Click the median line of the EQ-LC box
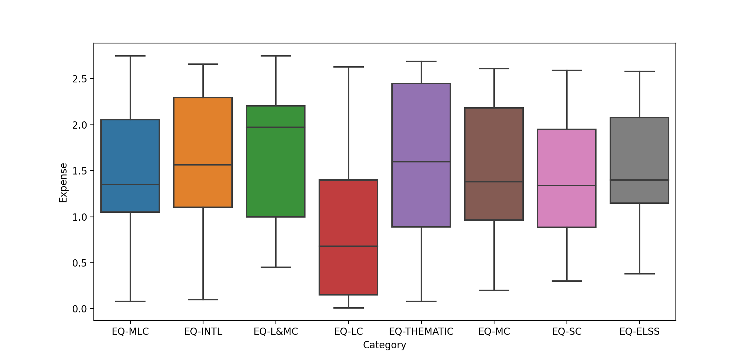[x=348, y=246]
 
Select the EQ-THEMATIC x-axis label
[x=421, y=332]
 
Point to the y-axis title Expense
[x=63, y=183]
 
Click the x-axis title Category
[x=384, y=345]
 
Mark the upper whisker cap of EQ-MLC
[x=130, y=56]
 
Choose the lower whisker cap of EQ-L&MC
[x=276, y=267]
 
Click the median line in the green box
[x=276, y=127]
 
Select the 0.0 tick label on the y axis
[x=79, y=309]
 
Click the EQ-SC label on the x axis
[x=567, y=332]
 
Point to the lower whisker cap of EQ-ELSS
[x=639, y=274]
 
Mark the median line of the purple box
[x=421, y=162]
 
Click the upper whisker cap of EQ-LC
[x=348, y=67]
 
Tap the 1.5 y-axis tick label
[x=79, y=171]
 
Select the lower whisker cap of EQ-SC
[x=567, y=281]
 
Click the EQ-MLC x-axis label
[x=130, y=332]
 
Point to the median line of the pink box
[x=567, y=186]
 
